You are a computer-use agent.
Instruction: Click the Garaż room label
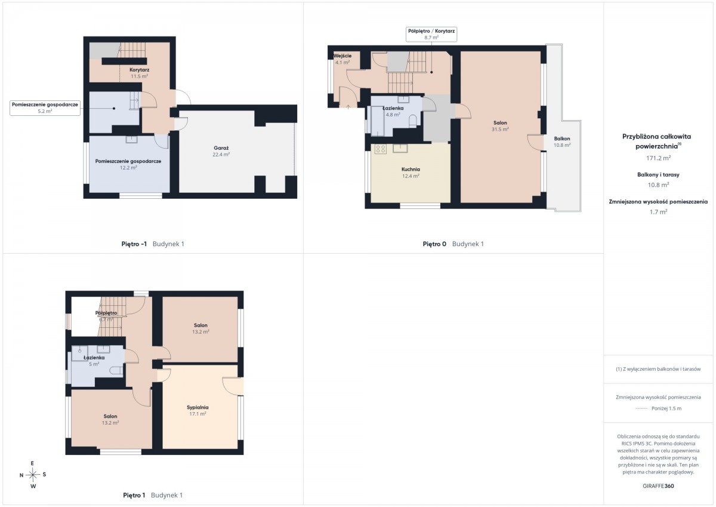tap(221, 148)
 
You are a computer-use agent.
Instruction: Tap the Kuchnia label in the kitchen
tap(411, 169)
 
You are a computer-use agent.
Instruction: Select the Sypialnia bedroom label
tap(197, 407)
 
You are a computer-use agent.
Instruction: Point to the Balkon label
tap(562, 139)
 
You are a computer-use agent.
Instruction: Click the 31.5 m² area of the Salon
tap(500, 129)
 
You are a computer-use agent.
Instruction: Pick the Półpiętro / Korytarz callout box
tap(431, 34)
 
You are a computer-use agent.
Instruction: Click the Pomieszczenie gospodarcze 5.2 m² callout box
tap(45, 108)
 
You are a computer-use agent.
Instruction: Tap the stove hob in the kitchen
tap(381, 149)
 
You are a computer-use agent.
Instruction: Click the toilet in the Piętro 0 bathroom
tap(413, 122)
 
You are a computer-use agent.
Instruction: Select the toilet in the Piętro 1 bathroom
tap(116, 371)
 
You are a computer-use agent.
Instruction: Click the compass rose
tap(33, 475)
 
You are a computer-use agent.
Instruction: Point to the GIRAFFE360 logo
tap(658, 486)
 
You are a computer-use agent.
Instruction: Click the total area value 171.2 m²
tap(658, 158)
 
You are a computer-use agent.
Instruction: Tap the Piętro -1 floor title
tap(134, 244)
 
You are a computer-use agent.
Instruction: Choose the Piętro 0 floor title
tap(434, 244)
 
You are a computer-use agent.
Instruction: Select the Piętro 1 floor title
tap(134, 495)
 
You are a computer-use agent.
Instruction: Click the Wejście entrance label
tap(342, 56)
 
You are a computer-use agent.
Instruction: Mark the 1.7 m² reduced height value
tap(658, 212)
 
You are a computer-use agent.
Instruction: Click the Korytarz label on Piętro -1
tap(140, 70)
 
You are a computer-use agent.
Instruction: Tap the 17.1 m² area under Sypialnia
tap(197, 414)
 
